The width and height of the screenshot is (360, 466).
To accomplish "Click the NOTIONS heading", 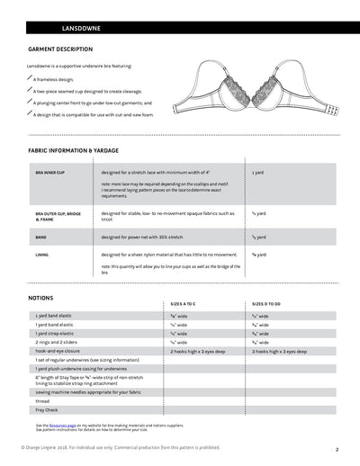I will coord(40,296).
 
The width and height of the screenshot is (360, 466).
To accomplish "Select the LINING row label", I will coord(41,255).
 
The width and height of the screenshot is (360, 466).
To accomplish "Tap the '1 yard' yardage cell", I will coord(257,172).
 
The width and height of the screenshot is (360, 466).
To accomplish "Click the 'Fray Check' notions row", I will coord(48,410).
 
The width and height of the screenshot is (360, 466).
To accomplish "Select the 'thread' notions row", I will coord(43,401).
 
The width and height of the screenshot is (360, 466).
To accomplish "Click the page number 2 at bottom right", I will coord(337,448).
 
